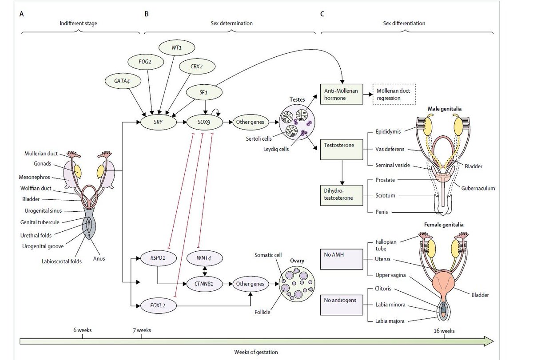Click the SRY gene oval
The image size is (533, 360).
[x=159, y=121]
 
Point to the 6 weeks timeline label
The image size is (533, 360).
[x=83, y=330]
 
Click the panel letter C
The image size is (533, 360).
[x=322, y=14]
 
